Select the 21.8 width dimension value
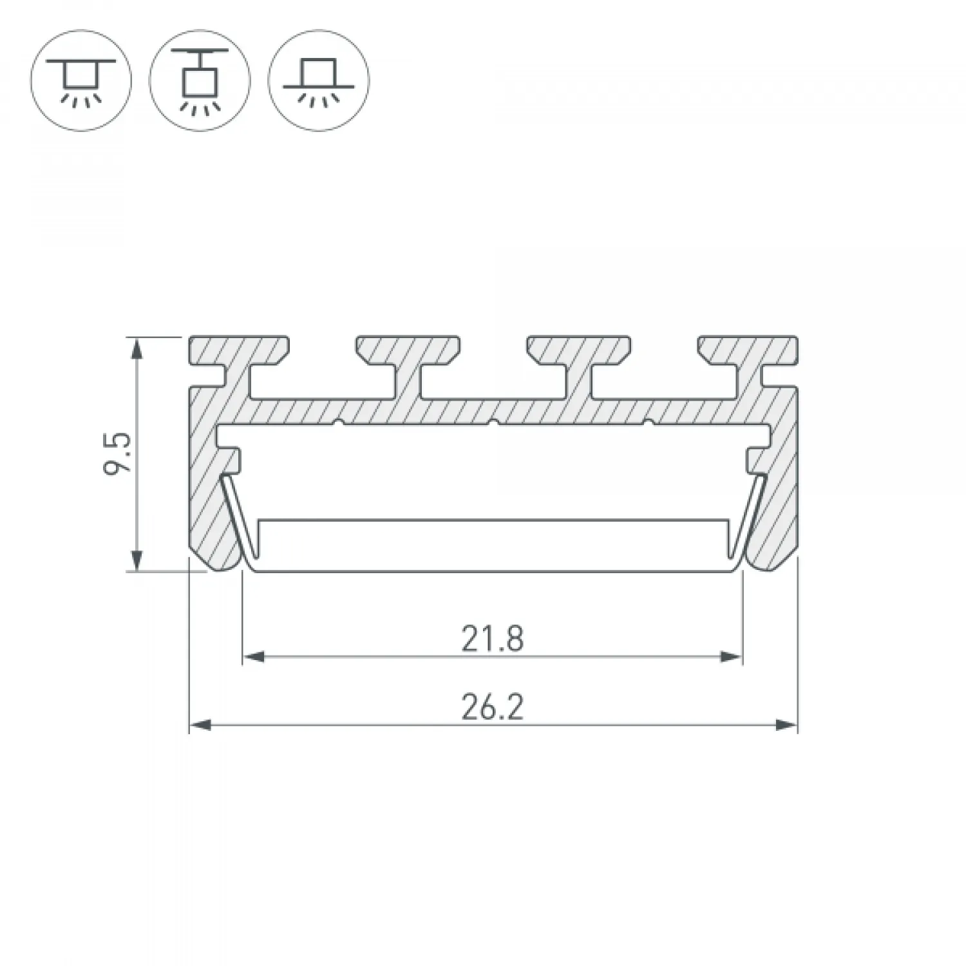[x=493, y=639]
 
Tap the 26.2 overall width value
[x=493, y=708]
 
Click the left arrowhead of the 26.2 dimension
[x=200, y=725]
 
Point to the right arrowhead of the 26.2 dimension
[x=786, y=725]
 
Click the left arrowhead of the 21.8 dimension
[x=254, y=657]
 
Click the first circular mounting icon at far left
[x=81, y=80]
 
